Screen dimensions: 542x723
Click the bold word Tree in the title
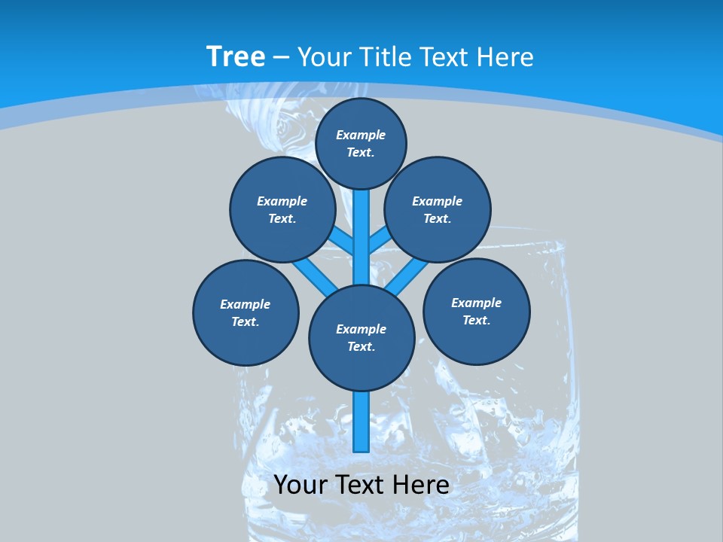tap(236, 56)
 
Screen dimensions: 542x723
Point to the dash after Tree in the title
tap(281, 58)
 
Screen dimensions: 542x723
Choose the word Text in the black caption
tap(358, 485)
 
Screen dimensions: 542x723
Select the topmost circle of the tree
tap(361, 143)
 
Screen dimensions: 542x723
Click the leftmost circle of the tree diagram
tap(246, 312)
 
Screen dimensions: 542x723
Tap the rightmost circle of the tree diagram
tap(476, 311)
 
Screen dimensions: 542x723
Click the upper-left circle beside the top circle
tap(282, 209)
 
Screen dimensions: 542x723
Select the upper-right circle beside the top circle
tap(437, 209)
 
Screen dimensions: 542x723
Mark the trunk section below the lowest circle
tap(361, 422)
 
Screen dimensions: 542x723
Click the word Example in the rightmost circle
tap(476, 303)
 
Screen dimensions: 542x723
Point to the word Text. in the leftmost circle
tap(246, 322)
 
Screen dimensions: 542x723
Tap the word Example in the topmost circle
tap(361, 135)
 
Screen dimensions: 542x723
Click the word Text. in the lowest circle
tap(361, 347)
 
